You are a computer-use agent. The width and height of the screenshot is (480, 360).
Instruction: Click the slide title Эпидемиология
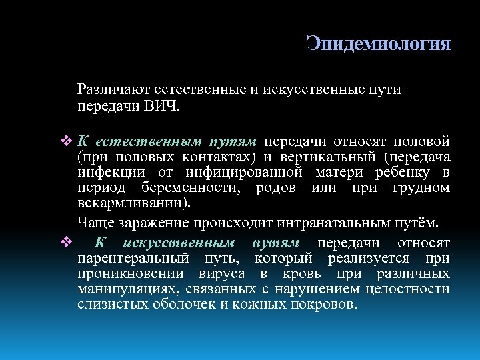pos(379,44)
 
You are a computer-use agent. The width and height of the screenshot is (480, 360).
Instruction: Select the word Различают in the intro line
pos(113,89)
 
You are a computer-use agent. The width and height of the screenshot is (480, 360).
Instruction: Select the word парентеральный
pos(131,259)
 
